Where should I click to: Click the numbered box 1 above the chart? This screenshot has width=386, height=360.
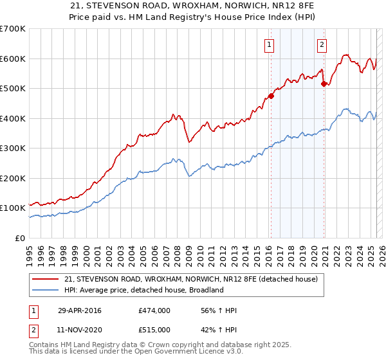[x=268, y=44]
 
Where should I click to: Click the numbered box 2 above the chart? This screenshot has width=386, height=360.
[x=321, y=44]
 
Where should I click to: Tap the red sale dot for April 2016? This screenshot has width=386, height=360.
[x=271, y=96]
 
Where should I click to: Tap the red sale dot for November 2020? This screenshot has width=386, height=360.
[x=324, y=84]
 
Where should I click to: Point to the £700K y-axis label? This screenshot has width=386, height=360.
[x=13, y=29]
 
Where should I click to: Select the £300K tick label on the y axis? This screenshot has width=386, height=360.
[x=13, y=148]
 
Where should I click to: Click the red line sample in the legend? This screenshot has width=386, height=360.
[x=46, y=280]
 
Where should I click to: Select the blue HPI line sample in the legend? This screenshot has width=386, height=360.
[x=46, y=290]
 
